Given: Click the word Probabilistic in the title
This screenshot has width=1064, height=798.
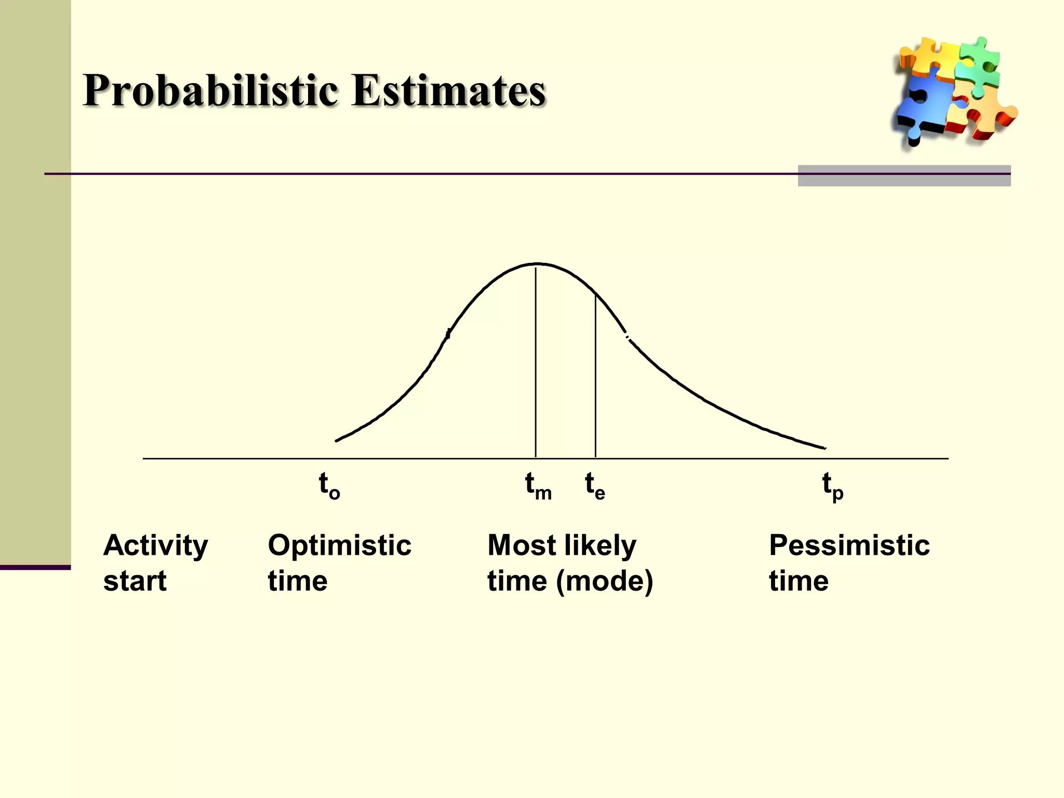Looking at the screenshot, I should point(210,91).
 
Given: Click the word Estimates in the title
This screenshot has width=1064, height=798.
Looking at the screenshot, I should point(448,91).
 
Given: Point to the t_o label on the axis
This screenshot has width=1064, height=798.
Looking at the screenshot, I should point(329,486).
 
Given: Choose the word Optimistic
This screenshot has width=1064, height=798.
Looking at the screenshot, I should point(339,546).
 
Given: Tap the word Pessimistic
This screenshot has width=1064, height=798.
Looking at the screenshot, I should point(849,546).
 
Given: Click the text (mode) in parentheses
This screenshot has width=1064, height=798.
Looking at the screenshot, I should point(604,581).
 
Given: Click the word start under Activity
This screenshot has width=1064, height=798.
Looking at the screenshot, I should point(135,581).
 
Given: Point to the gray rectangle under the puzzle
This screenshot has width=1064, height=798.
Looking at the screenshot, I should point(904,176).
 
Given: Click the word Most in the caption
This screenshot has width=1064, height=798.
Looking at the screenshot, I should point(522,546).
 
